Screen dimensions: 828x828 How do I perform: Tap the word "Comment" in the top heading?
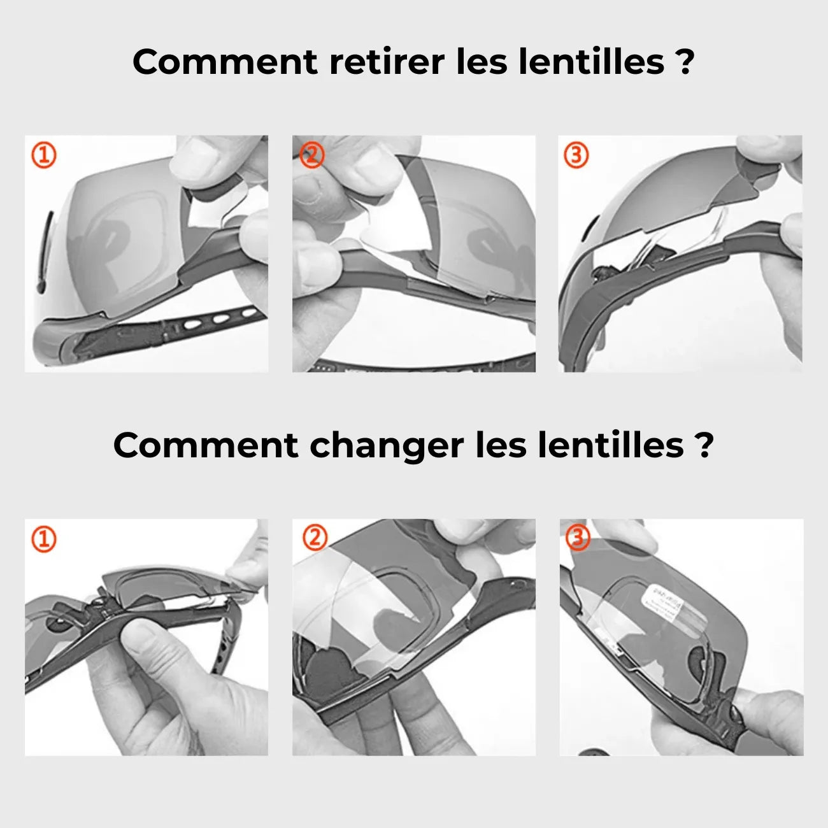(224, 62)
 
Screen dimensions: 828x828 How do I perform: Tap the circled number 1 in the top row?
(44, 155)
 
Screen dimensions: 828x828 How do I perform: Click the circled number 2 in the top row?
(311, 155)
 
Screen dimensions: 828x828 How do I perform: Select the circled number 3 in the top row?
(576, 155)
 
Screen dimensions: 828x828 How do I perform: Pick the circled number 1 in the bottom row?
(44, 539)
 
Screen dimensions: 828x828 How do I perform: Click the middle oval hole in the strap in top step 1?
(220, 320)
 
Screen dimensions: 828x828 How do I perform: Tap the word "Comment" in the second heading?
(205, 445)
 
